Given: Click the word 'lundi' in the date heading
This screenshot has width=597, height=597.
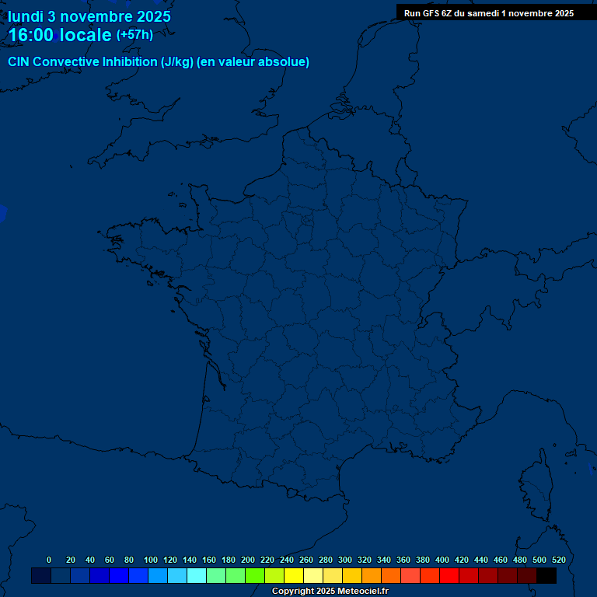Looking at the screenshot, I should pos(26,16).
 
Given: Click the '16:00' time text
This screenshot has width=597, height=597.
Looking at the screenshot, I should pos(31,35).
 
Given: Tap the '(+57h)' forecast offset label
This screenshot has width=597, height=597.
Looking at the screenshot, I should pos(134,35).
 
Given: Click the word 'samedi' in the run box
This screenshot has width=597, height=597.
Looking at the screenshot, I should pos(483,13).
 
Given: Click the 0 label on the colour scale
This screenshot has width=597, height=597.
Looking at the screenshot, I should pos(49,560).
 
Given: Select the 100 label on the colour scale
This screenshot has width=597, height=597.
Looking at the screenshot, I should pos(151,560).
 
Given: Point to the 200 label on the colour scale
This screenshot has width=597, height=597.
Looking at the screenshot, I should pos(248,560).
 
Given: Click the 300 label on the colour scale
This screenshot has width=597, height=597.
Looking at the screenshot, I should pos(345,560).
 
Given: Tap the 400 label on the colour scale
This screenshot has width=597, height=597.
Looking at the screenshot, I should pos(442,560).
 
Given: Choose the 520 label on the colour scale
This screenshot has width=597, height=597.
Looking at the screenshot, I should pos(558,560).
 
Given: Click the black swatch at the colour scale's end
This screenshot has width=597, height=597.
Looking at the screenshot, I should pos(546,576).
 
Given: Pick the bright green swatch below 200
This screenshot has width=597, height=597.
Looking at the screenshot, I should pos(255,576).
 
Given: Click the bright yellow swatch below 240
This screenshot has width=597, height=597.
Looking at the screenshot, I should pos(294,576).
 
